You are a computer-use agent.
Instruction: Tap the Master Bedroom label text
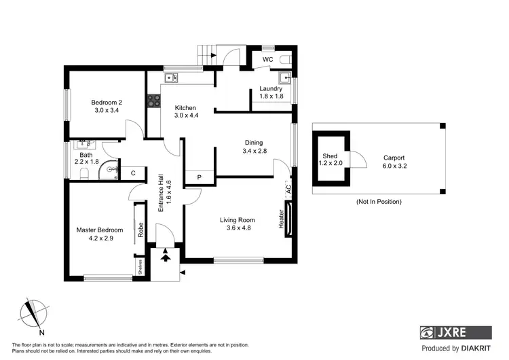(x=100, y=234)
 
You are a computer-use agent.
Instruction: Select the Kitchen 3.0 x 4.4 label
(x=185, y=112)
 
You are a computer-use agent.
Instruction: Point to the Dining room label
(x=254, y=147)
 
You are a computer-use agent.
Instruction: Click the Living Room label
(x=237, y=223)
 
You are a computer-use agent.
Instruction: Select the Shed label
(x=330, y=160)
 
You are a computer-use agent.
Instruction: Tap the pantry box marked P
(x=199, y=177)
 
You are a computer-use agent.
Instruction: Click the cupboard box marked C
(x=133, y=174)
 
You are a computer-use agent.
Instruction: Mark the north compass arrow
(x=30, y=314)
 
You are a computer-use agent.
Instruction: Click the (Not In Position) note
(x=378, y=202)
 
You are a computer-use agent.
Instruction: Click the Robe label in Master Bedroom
(x=140, y=230)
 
